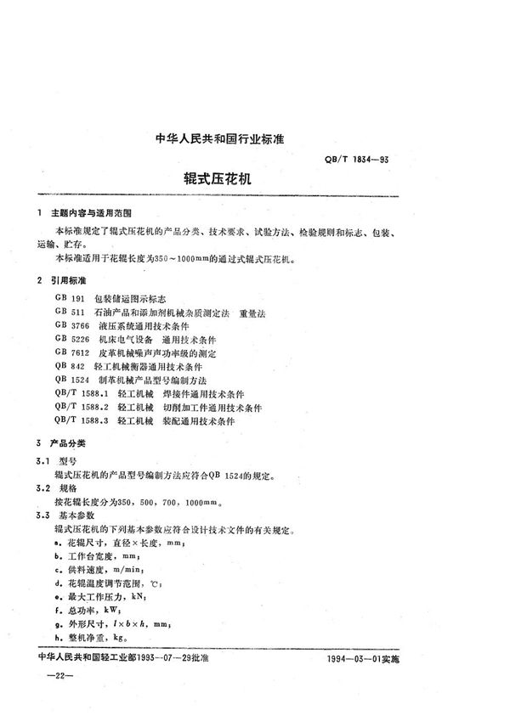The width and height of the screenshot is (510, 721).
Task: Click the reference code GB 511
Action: [x=70, y=313]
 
